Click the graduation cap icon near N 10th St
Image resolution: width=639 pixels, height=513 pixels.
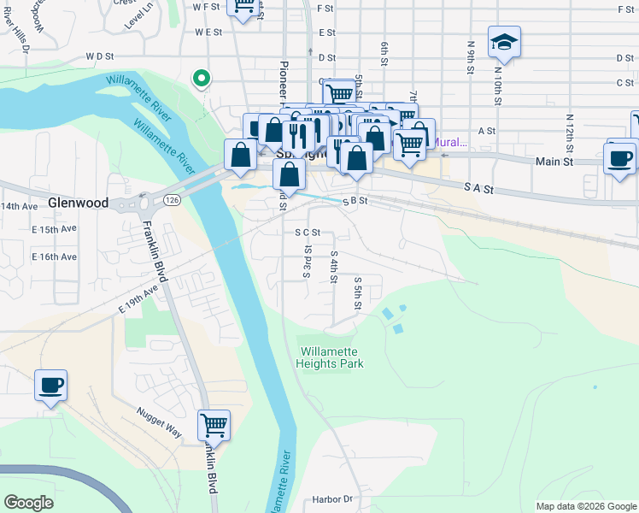coord(504,41)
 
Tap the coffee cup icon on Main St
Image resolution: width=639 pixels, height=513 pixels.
coord(619,158)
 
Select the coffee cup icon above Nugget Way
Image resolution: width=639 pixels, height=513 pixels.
coord(50,385)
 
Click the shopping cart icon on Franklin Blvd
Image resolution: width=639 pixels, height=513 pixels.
coord(214,424)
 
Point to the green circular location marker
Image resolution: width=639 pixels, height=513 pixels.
coord(202,79)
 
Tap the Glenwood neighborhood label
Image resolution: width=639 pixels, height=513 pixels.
coord(78,203)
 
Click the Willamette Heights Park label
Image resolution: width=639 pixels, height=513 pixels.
coord(330,357)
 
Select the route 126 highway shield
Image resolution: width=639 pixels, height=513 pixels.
coord(173,199)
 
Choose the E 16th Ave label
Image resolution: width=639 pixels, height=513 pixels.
coord(54,256)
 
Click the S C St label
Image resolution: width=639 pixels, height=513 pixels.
coord(307,232)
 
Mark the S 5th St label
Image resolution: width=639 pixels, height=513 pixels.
coord(357,294)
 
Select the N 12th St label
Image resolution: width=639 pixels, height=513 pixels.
coord(569,130)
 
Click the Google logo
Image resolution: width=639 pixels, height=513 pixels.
coord(29,502)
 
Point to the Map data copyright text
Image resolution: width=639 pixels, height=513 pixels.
coord(585,506)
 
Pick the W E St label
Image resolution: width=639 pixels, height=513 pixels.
coord(208,32)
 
